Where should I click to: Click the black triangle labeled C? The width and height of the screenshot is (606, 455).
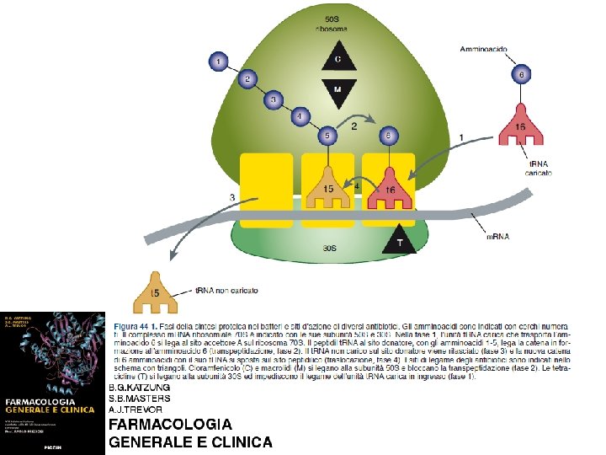coord(338,59)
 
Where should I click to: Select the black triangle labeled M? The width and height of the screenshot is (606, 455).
coord(338,90)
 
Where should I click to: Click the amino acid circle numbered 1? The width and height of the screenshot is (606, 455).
coord(219,62)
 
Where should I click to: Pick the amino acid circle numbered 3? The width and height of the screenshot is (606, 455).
coord(272,99)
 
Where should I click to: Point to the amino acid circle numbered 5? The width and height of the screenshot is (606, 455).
coord(328,135)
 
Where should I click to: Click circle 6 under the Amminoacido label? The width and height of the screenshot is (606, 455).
coord(521,75)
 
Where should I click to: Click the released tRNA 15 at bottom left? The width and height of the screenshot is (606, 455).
coord(154,292)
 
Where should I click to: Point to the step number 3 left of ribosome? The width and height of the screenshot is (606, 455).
coord(231,197)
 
